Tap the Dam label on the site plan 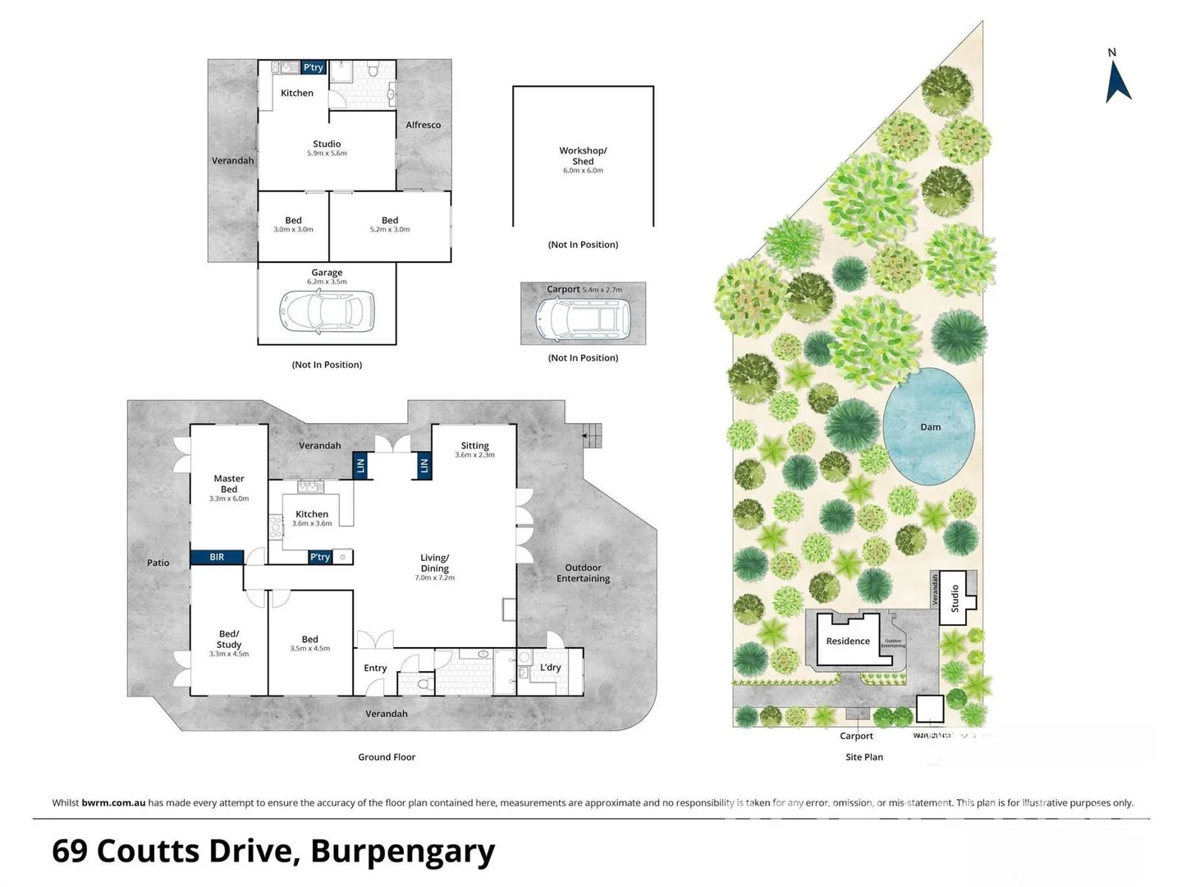930,427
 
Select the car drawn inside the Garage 327,313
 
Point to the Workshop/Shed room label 583,156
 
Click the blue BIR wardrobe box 217,557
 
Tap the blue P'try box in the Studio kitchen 313,67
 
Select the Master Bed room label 229,484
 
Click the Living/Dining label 434,563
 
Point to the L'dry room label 551,667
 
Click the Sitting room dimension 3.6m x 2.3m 474,455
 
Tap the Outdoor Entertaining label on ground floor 583,573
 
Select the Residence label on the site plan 848,641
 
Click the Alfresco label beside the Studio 423,125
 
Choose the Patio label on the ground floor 158,563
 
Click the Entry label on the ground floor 375,668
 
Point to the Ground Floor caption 387,757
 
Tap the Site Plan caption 864,757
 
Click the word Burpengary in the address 402,852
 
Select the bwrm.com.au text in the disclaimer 113,802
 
